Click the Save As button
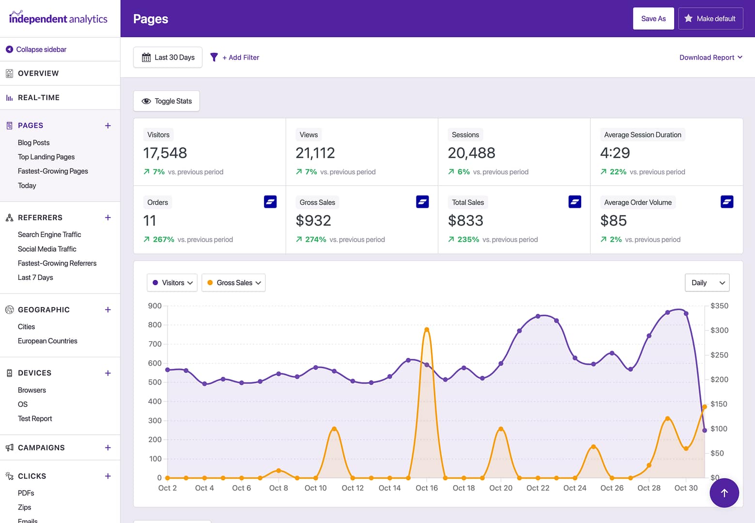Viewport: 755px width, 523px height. [x=653, y=18]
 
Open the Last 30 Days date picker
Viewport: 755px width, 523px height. [x=168, y=57]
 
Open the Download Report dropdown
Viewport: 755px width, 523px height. [x=710, y=57]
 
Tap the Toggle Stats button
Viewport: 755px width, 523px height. [x=167, y=101]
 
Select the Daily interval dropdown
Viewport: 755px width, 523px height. [x=707, y=283]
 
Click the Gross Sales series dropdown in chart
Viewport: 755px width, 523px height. [x=233, y=283]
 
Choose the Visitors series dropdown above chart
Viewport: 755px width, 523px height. [x=172, y=283]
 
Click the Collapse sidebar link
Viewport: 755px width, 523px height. [x=41, y=49]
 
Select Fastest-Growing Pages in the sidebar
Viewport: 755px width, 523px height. [x=53, y=171]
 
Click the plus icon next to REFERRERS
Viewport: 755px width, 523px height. [x=108, y=217]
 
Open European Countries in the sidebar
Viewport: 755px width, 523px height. [x=47, y=341]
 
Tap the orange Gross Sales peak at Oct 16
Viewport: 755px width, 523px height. [x=427, y=330]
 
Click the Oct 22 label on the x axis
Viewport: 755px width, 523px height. [x=538, y=488]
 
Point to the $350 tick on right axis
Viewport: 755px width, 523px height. [x=719, y=306]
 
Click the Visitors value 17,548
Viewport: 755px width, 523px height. [x=165, y=153]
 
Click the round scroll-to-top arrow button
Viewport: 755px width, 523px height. [x=724, y=493]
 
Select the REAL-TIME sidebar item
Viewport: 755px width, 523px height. [x=39, y=97]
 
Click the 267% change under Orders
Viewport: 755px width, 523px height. [x=163, y=239]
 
